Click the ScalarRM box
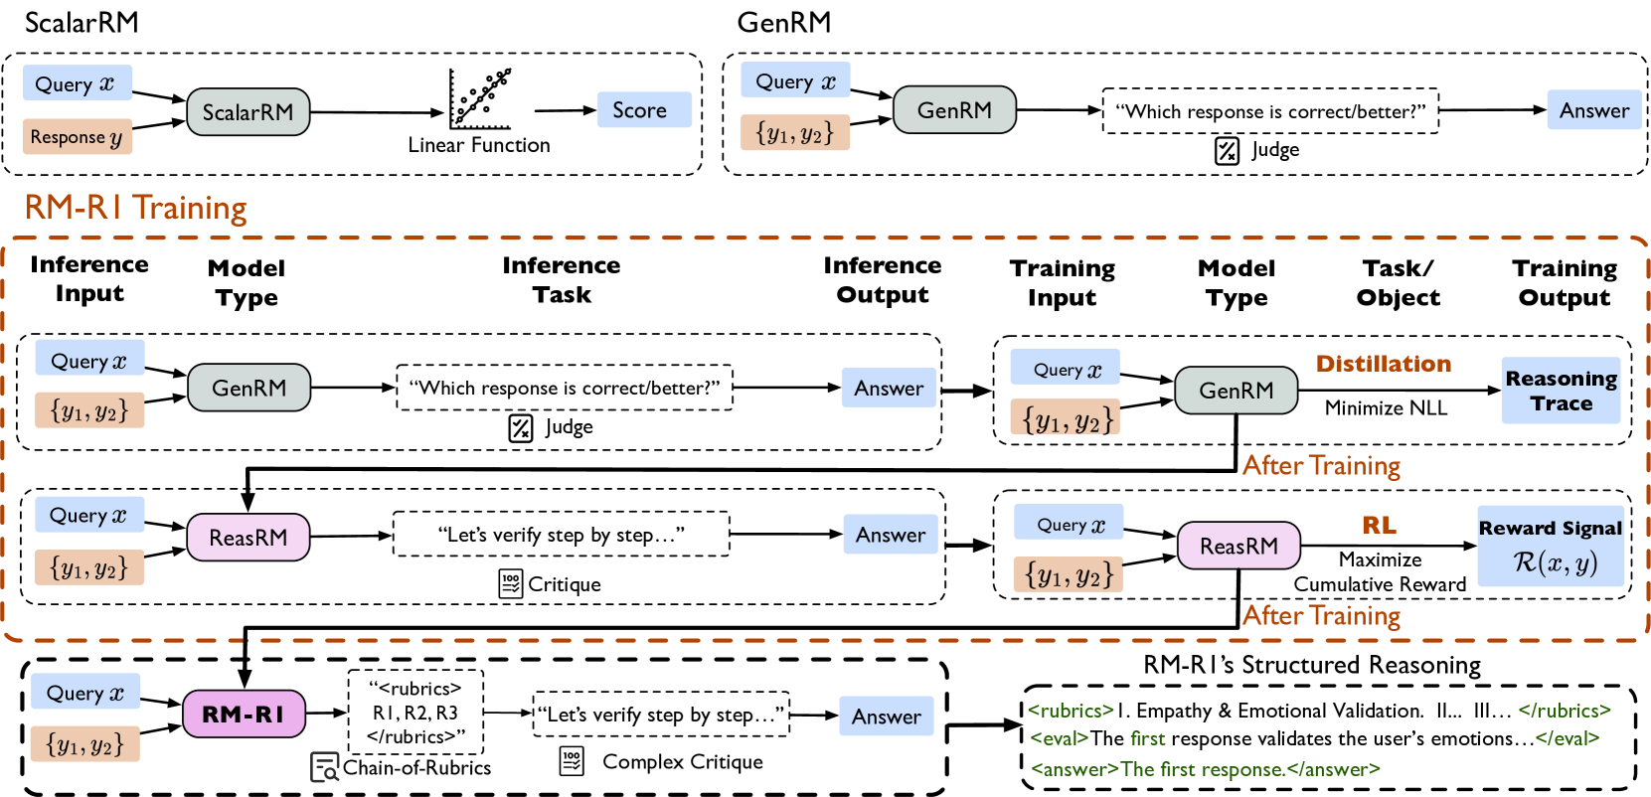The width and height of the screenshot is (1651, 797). point(248,112)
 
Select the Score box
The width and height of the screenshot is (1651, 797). point(643,110)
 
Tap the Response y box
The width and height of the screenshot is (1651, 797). point(78,137)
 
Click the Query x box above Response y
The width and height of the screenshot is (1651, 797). point(78,83)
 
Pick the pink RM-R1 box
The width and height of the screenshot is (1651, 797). point(244,714)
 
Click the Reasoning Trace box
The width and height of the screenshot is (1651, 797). point(1561,391)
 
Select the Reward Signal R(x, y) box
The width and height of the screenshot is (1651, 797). point(1551,547)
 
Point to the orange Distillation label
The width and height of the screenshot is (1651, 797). point(1383,364)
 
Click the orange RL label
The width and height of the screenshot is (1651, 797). point(1378,526)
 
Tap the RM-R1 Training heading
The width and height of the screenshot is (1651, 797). point(136,208)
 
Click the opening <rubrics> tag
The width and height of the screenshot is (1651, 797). point(1071,711)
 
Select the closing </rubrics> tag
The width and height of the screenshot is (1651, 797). point(1565,711)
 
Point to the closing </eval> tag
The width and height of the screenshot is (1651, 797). point(1567,738)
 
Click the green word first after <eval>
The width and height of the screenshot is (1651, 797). point(1147,738)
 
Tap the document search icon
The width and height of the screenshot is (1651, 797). point(325,767)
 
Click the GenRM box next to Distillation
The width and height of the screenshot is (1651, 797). point(1236,391)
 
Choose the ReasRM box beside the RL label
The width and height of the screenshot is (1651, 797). point(1238,546)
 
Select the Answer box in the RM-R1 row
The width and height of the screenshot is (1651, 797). point(886,717)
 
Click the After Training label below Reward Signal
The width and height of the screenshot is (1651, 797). point(1321,616)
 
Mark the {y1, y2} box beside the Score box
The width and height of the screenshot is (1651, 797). point(794,133)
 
